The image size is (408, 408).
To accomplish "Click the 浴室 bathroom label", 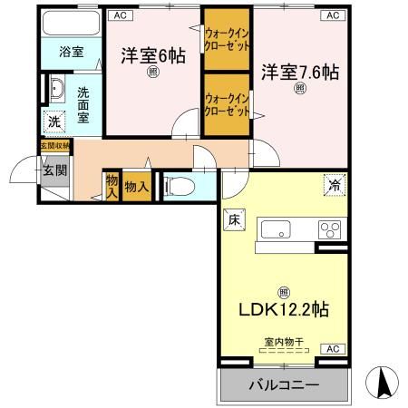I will point(72,52).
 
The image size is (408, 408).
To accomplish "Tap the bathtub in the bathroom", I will point(71,24).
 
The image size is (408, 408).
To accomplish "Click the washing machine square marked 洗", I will point(54,121).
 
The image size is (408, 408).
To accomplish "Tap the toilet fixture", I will point(179,185).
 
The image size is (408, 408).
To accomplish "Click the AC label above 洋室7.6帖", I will point(332,15).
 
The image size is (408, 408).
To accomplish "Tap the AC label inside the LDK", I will point(333,349).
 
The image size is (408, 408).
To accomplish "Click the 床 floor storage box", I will point(232,218).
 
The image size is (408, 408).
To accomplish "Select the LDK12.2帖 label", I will point(284,311).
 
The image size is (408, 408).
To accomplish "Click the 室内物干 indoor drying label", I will point(283,342).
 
